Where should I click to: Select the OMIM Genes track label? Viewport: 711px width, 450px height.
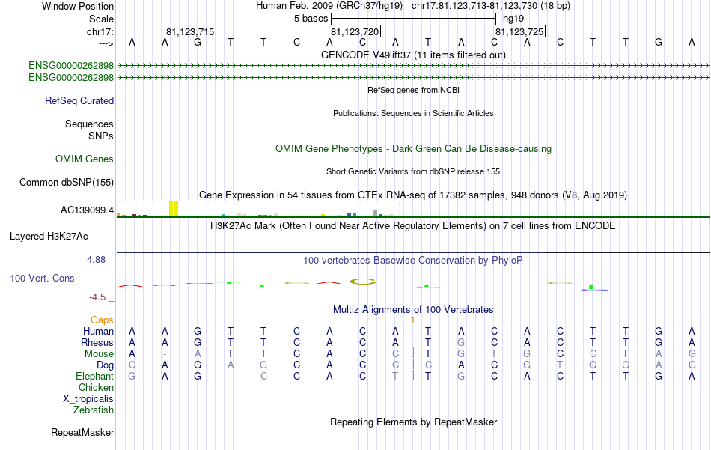pyautogui.click(x=85, y=159)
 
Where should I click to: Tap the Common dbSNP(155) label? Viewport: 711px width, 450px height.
pyautogui.click(x=67, y=183)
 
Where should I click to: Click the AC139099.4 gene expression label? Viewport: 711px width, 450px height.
pyautogui.click(x=87, y=210)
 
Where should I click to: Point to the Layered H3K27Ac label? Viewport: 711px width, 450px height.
pyautogui.click(x=49, y=237)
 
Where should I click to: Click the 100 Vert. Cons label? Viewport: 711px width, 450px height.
pyautogui.click(x=41, y=278)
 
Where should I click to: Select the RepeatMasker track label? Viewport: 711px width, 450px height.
pyautogui.click(x=82, y=433)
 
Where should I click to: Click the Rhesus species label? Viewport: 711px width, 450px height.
pyautogui.click(x=97, y=342)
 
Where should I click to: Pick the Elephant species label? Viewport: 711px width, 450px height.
pyautogui.click(x=94, y=376)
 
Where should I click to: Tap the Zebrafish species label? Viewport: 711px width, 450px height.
pyautogui.click(x=94, y=410)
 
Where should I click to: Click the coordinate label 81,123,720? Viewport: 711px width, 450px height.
pyautogui.click(x=355, y=32)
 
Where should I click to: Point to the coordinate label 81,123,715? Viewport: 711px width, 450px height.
pyautogui.click(x=190, y=32)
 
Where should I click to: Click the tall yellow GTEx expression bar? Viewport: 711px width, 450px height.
pyautogui.click(x=173, y=207)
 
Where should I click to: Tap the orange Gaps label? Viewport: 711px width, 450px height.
pyautogui.click(x=102, y=320)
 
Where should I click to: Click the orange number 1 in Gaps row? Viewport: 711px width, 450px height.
pyautogui.click(x=412, y=320)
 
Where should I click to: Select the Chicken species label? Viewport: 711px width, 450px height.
pyautogui.click(x=96, y=387)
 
